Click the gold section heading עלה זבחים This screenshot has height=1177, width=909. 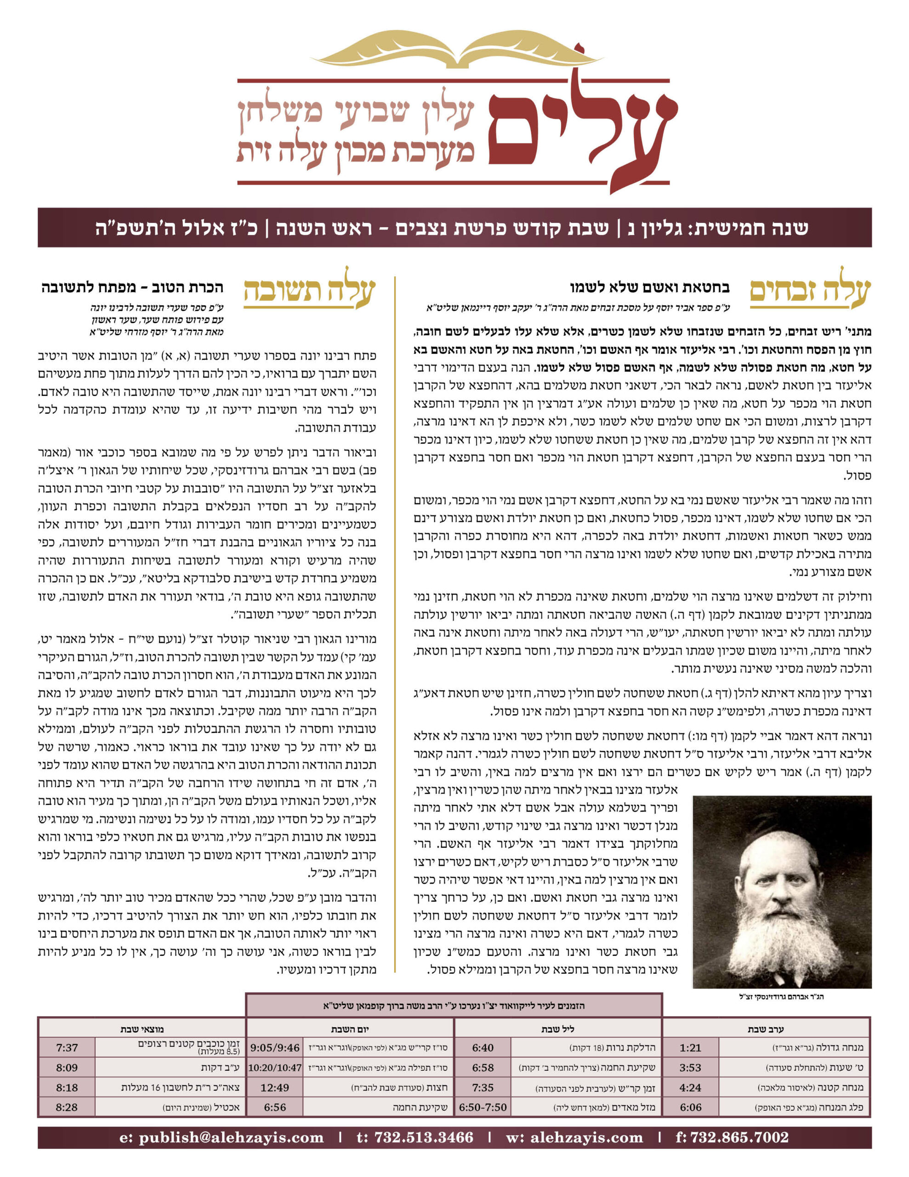point(810,292)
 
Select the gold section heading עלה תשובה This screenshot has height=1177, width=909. point(309,292)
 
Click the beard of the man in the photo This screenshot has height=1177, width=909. point(781,938)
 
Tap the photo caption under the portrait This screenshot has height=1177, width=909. point(781,996)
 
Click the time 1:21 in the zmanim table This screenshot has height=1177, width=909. point(690,1048)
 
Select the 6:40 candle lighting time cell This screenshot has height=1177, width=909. point(483,1048)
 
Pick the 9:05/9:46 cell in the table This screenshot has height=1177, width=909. point(275,1048)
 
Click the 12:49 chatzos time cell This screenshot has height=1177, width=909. point(275,1087)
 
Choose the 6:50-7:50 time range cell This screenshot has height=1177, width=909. point(483,1108)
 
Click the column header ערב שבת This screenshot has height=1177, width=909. point(766,1029)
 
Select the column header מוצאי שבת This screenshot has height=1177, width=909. point(142,1029)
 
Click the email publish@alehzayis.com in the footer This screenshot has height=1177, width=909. point(222,1137)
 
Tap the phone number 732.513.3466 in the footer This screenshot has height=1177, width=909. point(415,1137)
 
